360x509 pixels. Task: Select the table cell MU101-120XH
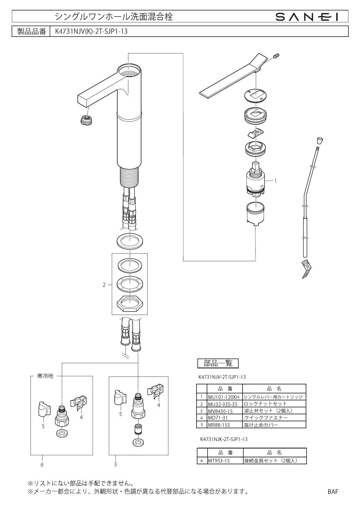[x=224, y=397]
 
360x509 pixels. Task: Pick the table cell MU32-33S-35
[x=222, y=404]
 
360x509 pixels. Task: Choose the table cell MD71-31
[x=218, y=418]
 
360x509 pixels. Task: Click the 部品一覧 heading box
[x=218, y=363]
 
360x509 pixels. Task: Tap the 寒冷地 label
[x=45, y=376]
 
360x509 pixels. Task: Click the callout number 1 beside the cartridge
[x=276, y=181]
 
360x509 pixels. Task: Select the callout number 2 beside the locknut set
[x=104, y=285]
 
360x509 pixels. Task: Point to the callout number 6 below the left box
[x=42, y=465]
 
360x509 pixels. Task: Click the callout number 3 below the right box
[x=115, y=464]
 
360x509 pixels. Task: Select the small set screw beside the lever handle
[x=277, y=56]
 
